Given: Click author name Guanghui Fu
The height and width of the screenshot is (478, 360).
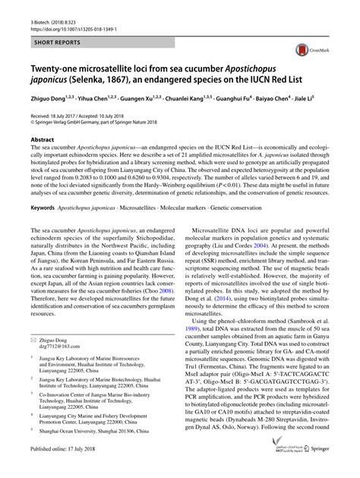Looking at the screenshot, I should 254,97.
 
